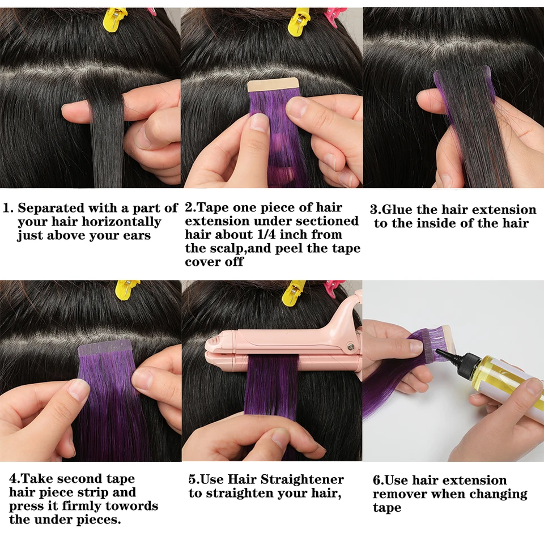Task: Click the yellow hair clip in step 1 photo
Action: [x=115, y=20]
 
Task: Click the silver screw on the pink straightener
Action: [x=351, y=346]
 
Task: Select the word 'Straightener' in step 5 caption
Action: [x=302, y=479]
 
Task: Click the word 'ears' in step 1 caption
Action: [x=137, y=236]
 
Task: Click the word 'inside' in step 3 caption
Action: [x=436, y=223]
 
